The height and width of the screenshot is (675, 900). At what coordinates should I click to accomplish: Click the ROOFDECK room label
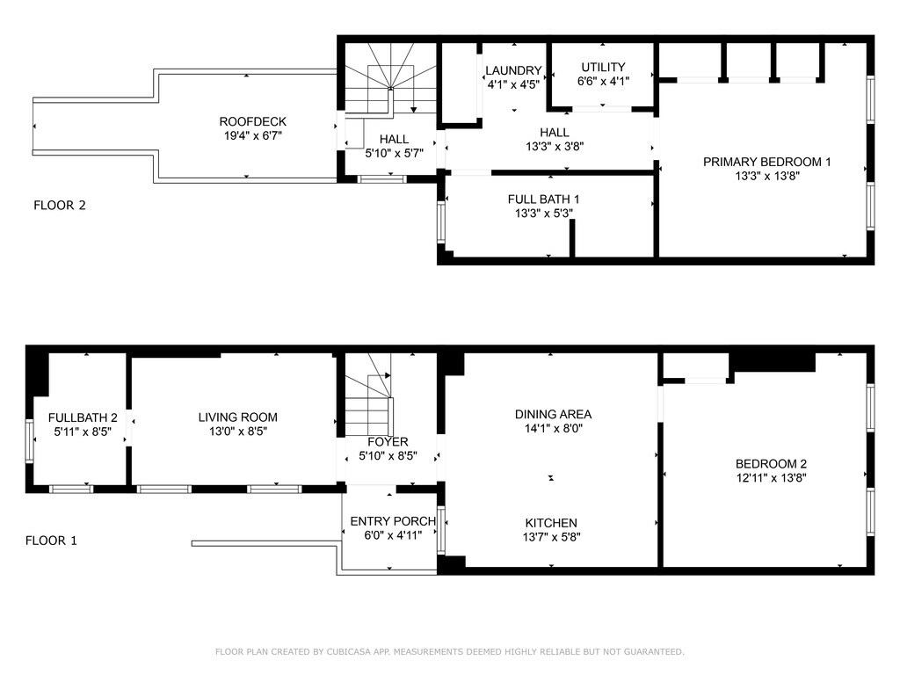point(252,121)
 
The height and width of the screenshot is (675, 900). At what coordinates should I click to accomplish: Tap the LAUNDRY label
point(513,70)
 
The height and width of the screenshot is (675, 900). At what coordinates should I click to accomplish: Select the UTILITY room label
point(603,67)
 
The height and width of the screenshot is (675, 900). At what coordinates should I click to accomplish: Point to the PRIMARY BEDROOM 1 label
point(766,162)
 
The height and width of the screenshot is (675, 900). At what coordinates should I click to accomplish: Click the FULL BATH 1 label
point(543,200)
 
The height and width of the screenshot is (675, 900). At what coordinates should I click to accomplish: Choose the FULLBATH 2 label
point(83,417)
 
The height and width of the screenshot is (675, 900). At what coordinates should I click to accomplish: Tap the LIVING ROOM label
point(238,417)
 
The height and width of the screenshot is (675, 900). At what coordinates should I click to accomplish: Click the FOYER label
point(388,442)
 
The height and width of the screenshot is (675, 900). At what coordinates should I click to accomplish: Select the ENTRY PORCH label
point(393,521)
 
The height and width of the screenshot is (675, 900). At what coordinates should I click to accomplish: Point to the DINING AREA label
point(554,415)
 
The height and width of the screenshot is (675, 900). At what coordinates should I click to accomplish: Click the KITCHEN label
point(551,523)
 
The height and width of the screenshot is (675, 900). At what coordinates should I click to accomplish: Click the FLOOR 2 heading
point(60,206)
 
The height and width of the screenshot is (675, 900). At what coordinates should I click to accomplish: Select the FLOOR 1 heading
point(51,541)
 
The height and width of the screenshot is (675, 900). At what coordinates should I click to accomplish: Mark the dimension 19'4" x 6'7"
point(252,136)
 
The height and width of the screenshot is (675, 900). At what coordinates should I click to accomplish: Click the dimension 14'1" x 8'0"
point(554,428)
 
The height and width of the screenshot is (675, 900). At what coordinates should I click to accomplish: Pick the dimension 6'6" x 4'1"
point(603,82)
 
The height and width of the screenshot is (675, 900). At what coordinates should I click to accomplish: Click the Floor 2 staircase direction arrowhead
point(414,110)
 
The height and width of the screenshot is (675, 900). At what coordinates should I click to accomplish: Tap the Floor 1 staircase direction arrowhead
point(388,376)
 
